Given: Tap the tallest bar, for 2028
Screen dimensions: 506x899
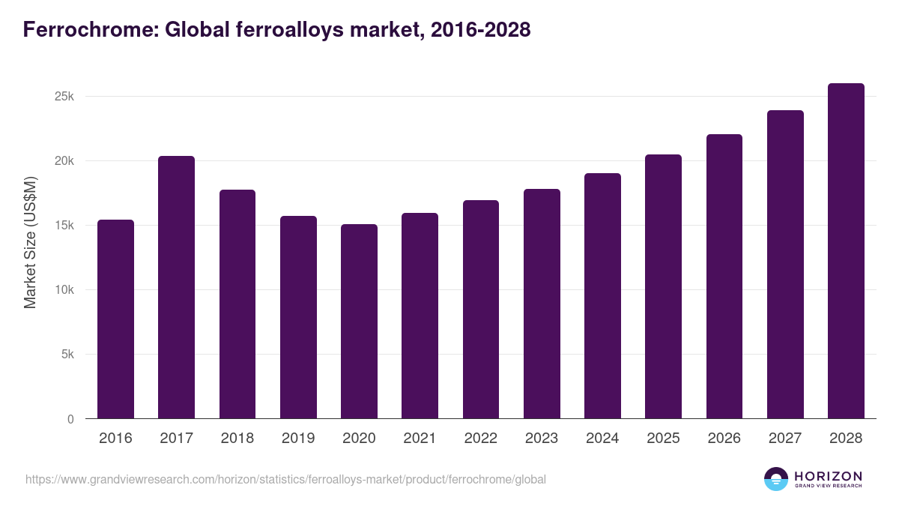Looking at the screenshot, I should tap(846, 251).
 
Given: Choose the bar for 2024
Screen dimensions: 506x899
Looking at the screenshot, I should tap(602, 295).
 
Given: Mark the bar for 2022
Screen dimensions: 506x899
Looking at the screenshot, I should tap(480, 309).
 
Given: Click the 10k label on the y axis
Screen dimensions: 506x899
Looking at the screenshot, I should tap(65, 290).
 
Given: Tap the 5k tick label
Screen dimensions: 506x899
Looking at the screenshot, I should tap(67, 355).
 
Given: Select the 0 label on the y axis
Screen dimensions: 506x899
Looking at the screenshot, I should tap(70, 419).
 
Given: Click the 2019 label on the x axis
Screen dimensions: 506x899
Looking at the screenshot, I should tap(298, 439).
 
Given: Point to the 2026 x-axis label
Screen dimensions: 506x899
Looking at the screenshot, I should tap(724, 439).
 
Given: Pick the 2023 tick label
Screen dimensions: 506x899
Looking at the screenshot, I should tap(542, 439).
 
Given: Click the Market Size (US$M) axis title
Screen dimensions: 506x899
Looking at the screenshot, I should tap(30, 241).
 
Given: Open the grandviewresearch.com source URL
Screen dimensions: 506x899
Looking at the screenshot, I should tap(285, 479).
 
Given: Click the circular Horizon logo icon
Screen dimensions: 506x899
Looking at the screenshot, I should tap(776, 479).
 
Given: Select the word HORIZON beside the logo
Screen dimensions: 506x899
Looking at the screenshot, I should tap(828, 476).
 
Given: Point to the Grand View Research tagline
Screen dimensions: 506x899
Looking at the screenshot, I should tap(828, 487).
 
